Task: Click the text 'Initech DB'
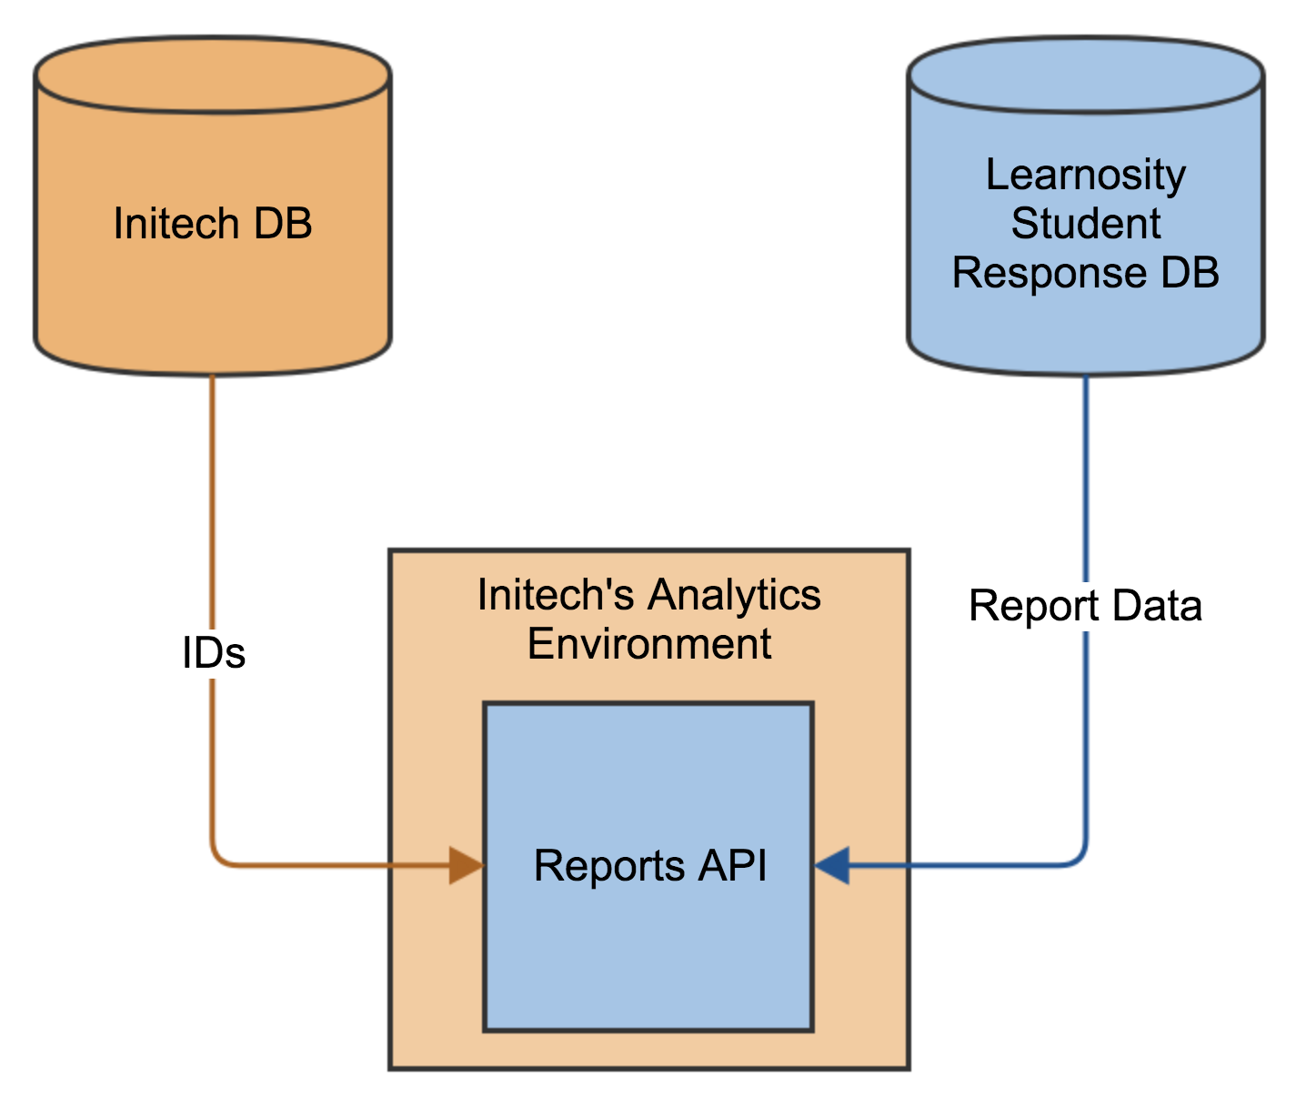[213, 223]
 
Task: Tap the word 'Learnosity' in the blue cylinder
[1086, 176]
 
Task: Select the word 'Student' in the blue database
[1086, 223]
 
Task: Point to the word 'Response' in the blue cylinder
[1049, 274]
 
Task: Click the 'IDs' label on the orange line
[214, 652]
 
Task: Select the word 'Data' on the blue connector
[1156, 606]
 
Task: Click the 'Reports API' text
[650, 866]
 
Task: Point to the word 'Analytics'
[735, 597]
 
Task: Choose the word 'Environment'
[649, 644]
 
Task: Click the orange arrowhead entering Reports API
[467, 864]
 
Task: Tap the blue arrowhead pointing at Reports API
[831, 864]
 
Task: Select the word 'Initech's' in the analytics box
[556, 595]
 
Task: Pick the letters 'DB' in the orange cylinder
[283, 223]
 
